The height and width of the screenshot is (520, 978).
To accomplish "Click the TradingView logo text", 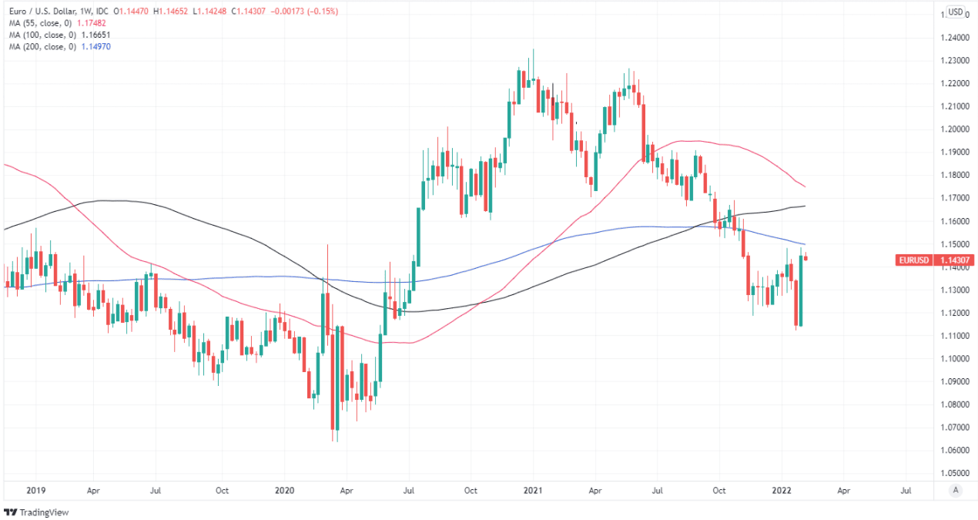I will (x=40, y=512).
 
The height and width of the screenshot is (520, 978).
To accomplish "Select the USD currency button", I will (x=955, y=12).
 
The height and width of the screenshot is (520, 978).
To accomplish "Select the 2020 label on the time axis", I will (x=284, y=490).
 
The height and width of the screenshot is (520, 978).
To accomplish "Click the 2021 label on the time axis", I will (x=534, y=490).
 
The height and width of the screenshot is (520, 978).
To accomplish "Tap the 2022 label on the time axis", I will (x=782, y=490).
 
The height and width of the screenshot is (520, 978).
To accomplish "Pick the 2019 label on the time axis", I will (x=35, y=490).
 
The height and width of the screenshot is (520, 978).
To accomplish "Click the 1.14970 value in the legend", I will (x=96, y=46).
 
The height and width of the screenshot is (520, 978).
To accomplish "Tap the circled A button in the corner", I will (x=956, y=490).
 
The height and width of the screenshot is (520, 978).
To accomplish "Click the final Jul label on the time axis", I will (x=906, y=490).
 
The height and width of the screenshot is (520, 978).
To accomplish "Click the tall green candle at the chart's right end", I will (x=801, y=292).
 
